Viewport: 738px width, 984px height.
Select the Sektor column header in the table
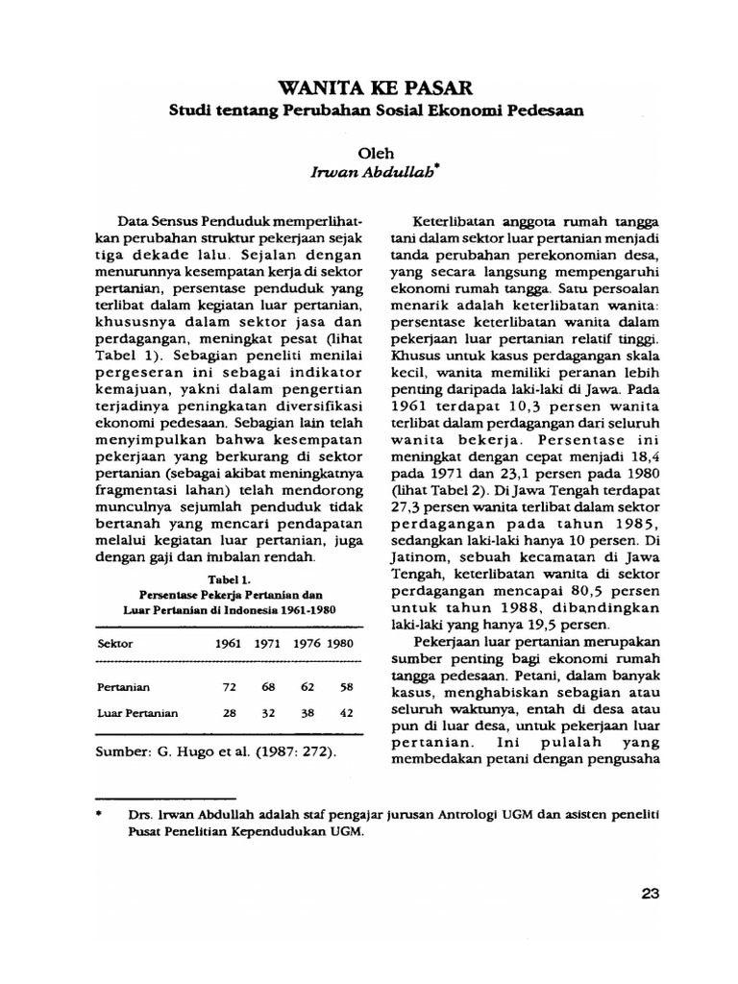point(116,642)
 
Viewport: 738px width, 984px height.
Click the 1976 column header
point(306,642)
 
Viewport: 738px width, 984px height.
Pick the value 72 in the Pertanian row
point(227,687)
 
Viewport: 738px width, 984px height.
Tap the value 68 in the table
point(267,687)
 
